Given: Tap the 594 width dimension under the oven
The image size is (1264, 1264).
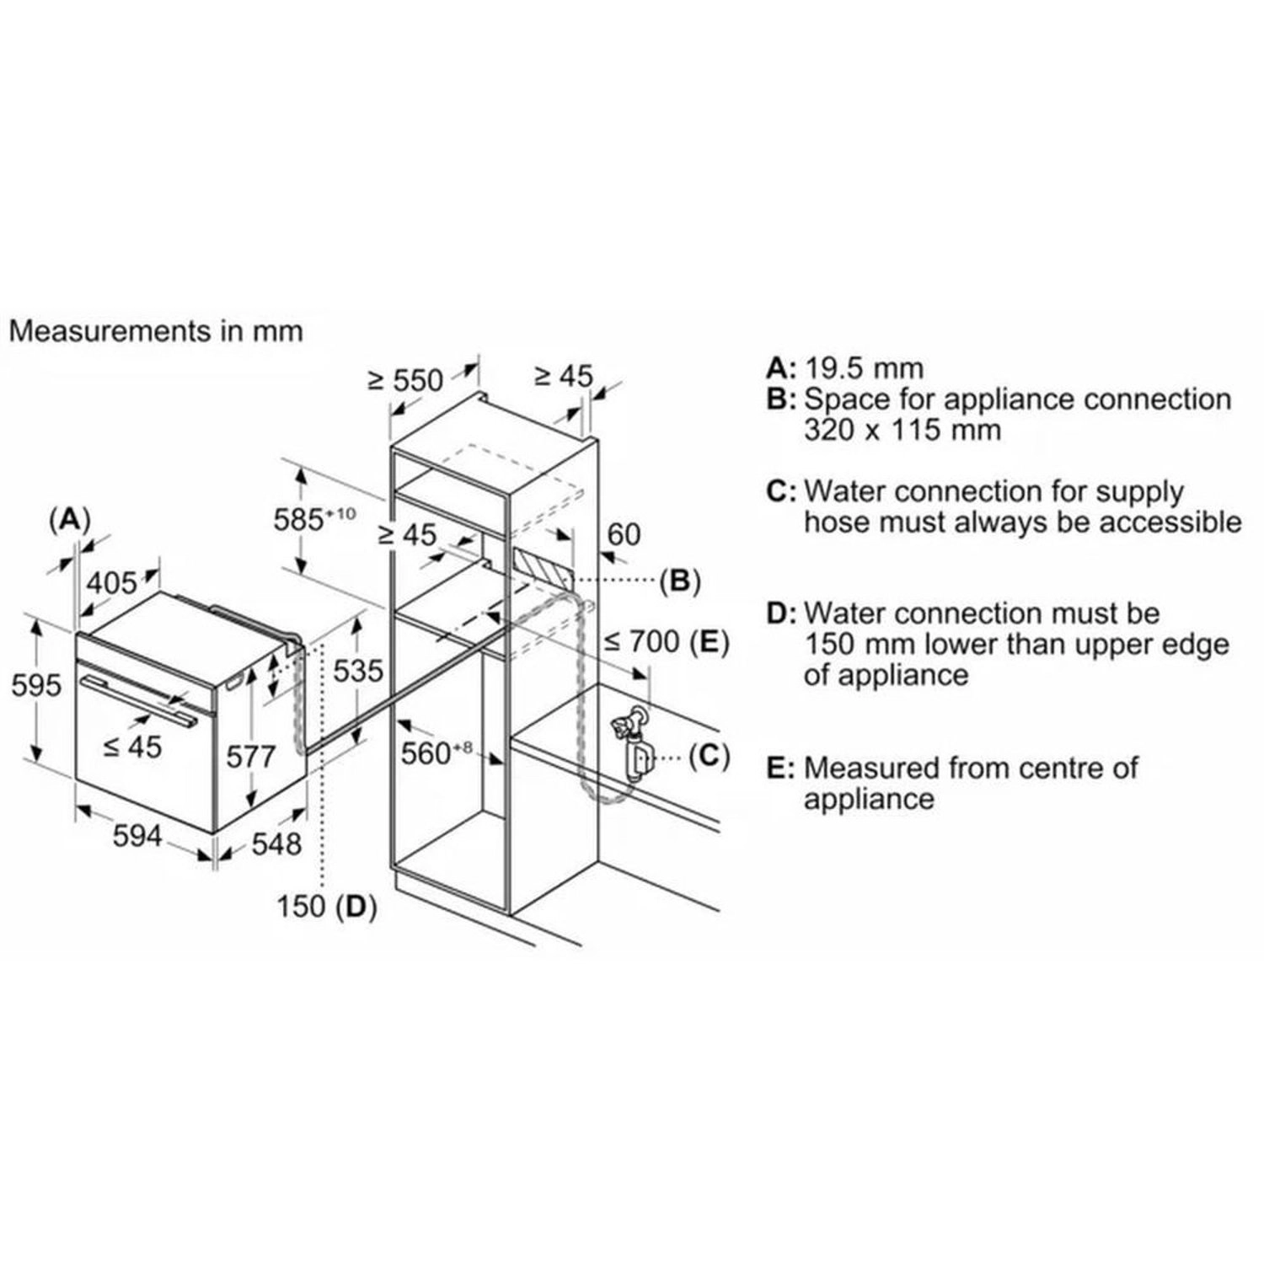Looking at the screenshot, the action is (137, 836).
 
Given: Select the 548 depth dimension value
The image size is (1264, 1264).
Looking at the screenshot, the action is (276, 843).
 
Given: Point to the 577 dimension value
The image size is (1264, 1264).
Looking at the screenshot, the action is (251, 756).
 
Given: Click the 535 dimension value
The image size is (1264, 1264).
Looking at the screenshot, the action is (358, 671).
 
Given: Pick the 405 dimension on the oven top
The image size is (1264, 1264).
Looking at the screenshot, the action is (112, 582).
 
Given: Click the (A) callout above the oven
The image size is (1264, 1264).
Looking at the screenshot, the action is (69, 519).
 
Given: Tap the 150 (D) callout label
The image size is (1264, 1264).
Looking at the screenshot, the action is (327, 906).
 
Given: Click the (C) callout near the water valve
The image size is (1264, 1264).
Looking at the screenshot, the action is (709, 756).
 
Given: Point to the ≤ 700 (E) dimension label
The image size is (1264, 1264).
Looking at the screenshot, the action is (666, 642).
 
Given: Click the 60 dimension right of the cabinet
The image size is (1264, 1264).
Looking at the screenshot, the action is (624, 534).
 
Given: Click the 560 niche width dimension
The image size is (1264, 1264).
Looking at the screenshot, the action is (432, 753).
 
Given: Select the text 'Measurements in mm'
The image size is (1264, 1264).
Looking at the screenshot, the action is (155, 330).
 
